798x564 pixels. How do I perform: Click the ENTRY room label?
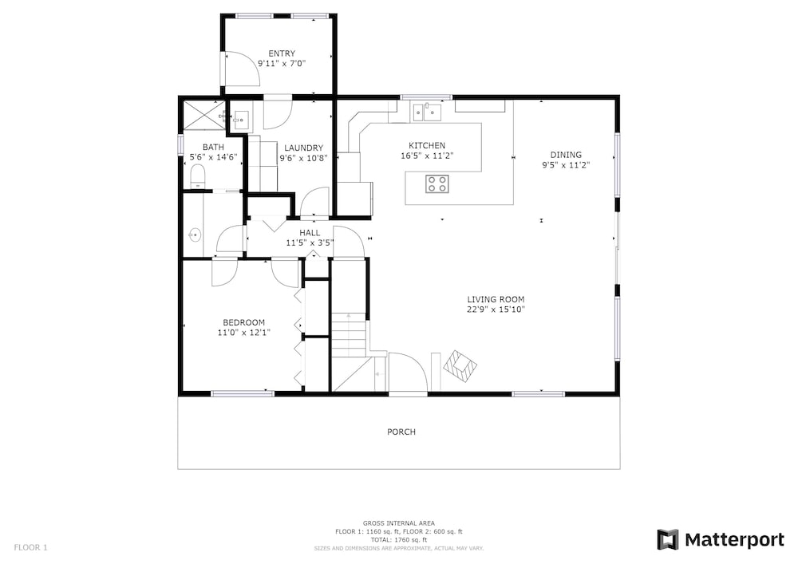pos(282,53)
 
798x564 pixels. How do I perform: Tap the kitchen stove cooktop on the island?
pos(437,183)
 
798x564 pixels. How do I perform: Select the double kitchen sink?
pos(426,112)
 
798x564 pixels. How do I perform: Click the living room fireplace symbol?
pos(460,366)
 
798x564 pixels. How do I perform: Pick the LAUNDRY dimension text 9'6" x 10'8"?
pos(303,158)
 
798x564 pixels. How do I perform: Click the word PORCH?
pos(401,432)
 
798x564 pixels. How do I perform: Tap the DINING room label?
pos(566,155)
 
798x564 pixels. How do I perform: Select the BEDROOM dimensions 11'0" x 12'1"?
pos(243,333)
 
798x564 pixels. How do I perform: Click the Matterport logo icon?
pos(668,539)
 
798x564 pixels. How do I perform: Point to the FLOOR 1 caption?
pos(30,548)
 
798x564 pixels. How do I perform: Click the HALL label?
pos(310,233)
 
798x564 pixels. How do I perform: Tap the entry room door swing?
pos(243,68)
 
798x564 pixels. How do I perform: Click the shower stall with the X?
pos(203,115)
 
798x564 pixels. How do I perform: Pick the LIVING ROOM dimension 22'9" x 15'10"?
pos(496,310)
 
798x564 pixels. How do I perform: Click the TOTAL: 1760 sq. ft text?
pos(398,540)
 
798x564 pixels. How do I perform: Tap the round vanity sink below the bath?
pos(195,235)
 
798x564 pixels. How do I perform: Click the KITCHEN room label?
pos(426,145)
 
